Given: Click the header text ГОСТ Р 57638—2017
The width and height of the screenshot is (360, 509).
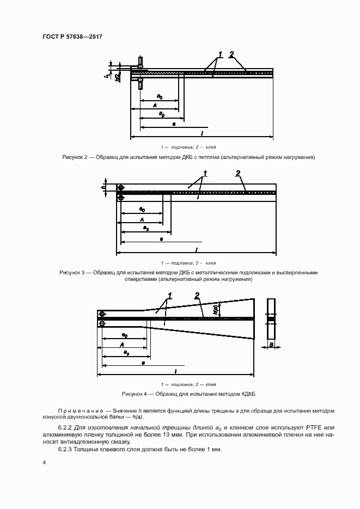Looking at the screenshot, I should (72, 36).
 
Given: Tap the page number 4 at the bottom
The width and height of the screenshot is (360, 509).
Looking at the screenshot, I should (44, 462).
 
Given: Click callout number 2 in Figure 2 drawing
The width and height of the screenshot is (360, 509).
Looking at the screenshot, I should (231, 54).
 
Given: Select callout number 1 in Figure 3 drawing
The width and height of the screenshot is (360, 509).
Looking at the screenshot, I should (205, 174).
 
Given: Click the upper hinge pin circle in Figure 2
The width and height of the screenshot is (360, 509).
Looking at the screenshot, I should (140, 66).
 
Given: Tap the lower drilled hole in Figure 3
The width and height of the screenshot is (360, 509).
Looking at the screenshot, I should (121, 198).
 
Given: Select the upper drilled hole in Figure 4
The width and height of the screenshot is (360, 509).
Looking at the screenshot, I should (102, 314).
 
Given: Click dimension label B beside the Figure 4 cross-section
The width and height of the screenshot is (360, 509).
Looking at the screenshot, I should (271, 345).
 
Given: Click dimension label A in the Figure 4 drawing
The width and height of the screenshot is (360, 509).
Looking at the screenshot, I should (123, 344).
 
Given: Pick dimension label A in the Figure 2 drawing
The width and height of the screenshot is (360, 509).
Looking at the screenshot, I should (155, 105).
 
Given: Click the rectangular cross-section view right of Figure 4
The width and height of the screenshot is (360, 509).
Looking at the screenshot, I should (271, 319).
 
